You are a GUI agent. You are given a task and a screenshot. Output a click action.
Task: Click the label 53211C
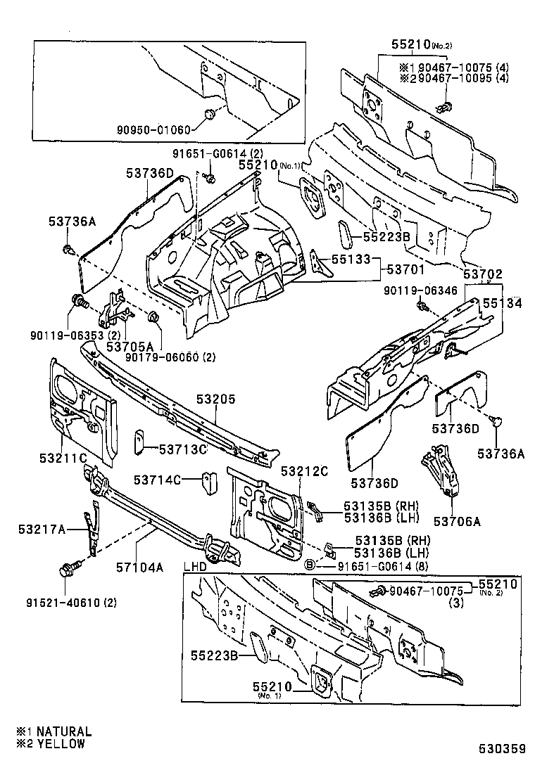64,458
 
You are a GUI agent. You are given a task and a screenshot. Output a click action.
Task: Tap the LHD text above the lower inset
196,565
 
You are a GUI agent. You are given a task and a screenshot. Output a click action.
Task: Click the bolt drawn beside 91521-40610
70,568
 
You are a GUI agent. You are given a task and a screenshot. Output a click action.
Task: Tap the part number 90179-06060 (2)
171,357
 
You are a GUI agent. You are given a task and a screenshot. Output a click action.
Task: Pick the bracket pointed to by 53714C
209,482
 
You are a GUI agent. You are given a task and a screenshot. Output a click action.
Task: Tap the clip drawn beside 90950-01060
209,115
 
